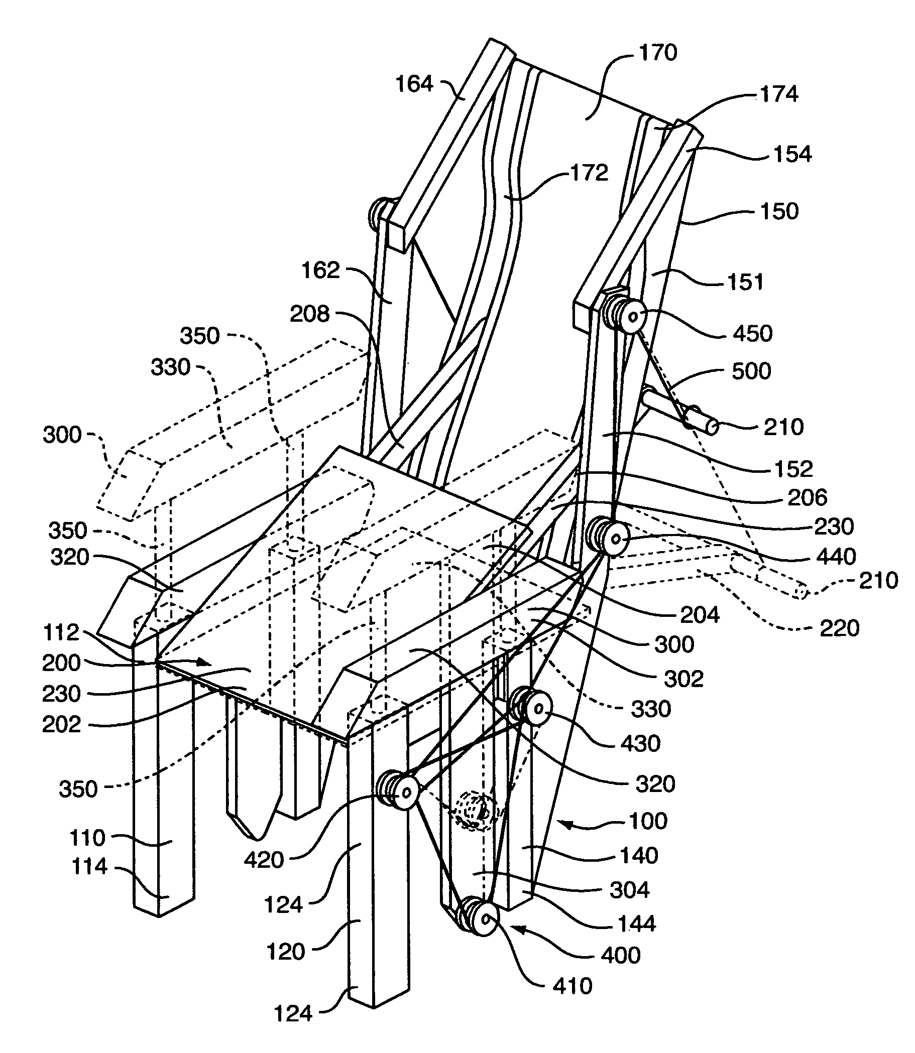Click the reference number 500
[751, 371]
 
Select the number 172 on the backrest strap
[589, 173]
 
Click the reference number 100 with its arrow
[647, 821]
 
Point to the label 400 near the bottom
[620, 955]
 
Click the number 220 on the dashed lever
[840, 628]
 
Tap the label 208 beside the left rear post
[309, 314]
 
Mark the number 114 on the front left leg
[90, 866]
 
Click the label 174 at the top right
[779, 94]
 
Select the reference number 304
[629, 890]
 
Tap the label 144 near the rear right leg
[636, 924]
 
